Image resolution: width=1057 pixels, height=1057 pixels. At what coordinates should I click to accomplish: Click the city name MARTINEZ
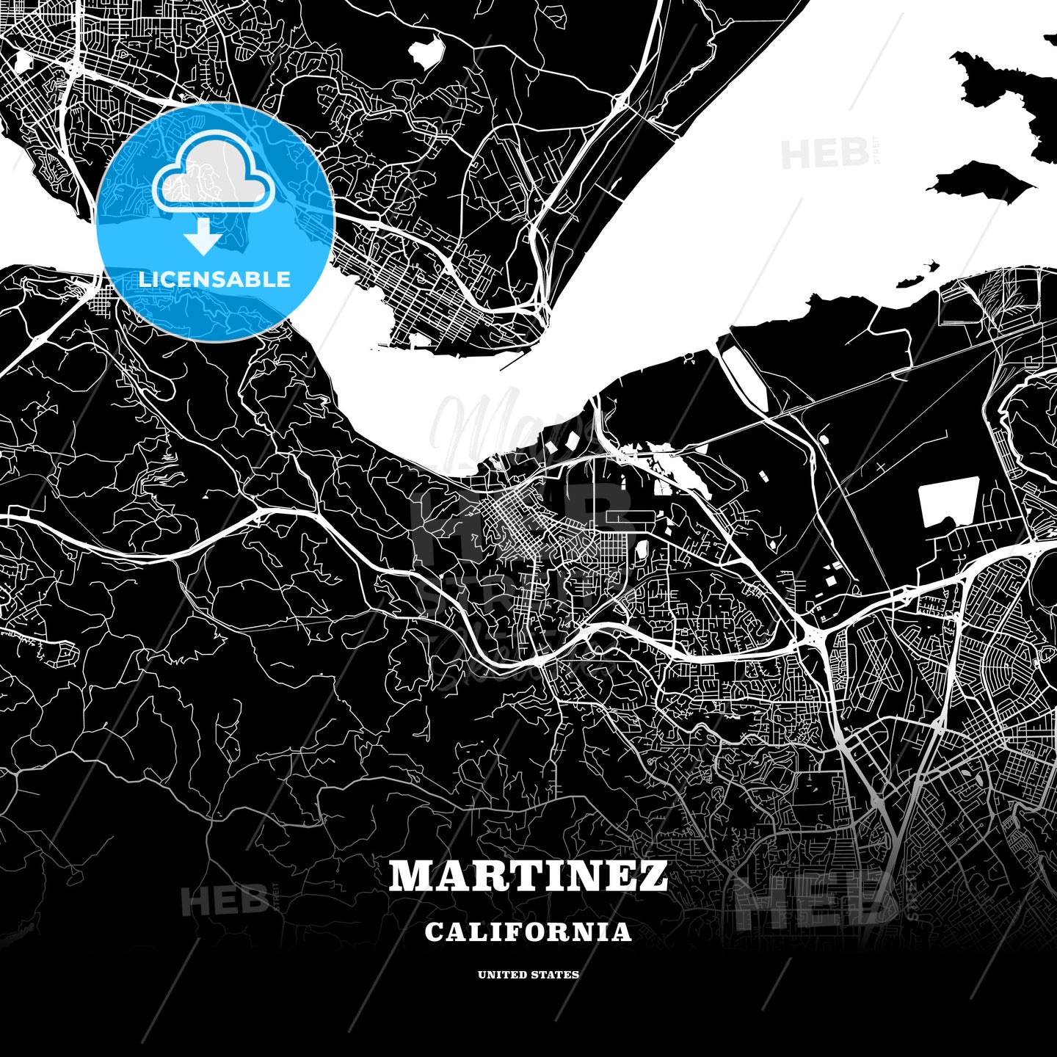coord(528,876)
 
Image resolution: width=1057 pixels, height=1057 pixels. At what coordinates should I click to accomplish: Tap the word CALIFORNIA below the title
coord(528,931)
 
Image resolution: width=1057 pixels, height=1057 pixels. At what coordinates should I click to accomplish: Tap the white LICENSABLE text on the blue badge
coord(214,279)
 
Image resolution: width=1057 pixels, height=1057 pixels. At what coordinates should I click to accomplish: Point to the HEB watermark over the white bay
coord(824,155)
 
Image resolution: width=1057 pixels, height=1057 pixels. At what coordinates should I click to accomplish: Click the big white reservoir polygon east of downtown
coord(948,501)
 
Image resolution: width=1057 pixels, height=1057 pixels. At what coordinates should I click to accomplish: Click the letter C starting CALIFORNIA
coord(433,931)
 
